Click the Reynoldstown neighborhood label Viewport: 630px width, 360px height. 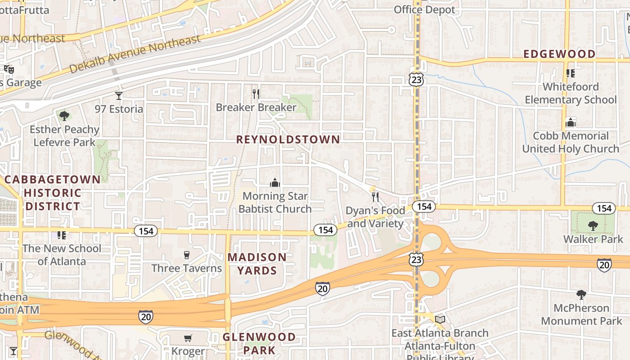pos(288,139)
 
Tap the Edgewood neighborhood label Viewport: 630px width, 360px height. pos(559,54)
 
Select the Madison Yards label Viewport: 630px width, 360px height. pos(257,264)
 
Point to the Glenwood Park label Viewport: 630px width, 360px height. pos(259,343)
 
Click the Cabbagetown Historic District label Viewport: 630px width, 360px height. pos(53,193)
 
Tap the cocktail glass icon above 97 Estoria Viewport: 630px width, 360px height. pos(119,95)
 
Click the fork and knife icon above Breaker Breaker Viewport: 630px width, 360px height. pos(256,94)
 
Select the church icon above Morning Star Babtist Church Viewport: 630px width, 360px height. pos(274,183)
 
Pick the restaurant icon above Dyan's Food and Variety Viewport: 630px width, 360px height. pos(375,197)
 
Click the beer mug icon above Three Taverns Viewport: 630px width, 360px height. pos(187,255)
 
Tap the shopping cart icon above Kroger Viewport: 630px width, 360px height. pos(188,338)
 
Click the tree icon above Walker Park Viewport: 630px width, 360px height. pos(593,225)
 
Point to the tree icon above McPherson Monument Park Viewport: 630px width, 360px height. pos(581,295)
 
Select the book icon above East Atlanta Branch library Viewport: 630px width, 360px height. pos(440,319)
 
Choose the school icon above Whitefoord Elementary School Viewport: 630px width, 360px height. pos(571,73)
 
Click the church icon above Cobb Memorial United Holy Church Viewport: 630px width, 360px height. pos(571,122)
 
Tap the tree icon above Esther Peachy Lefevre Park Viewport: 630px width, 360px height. pos(64,116)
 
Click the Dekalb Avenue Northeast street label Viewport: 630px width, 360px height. pos(135,54)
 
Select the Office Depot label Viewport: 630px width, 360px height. pos(424,9)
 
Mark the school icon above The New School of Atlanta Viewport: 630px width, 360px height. pos(62,235)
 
